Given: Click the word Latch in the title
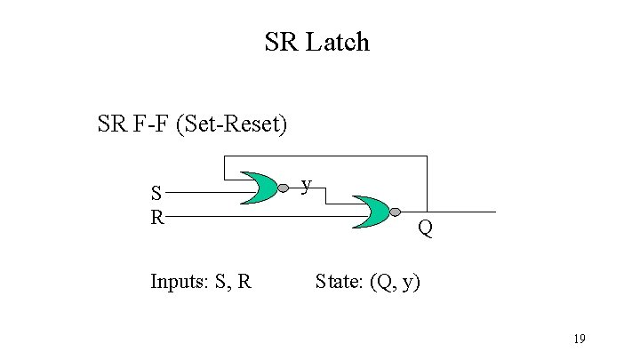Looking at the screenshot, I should coord(338,42).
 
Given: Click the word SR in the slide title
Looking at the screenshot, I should coord(283,42).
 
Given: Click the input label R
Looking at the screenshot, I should coord(156,216).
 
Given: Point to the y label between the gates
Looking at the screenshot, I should coord(306,184).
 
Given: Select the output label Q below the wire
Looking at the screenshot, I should coord(426,229).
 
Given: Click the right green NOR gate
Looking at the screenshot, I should coord(372,212).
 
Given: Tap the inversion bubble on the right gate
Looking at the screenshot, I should coord(396,212).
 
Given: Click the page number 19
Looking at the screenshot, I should coord(579,339).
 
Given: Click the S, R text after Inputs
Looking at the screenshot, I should coord(234,283).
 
